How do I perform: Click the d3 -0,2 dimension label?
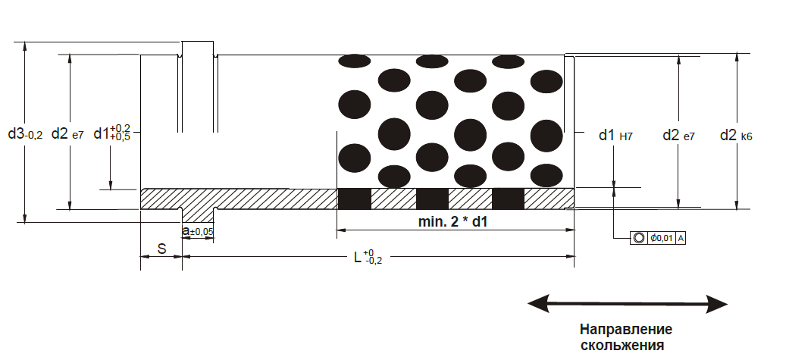(25, 134)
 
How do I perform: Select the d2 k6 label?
(736, 135)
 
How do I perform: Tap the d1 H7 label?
(615, 135)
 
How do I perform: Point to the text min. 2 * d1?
(452, 221)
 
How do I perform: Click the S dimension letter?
(162, 249)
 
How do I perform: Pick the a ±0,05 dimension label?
(198, 231)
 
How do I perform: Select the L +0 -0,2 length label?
(368, 256)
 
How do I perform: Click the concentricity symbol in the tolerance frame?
(638, 238)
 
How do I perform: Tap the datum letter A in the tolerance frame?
(681, 238)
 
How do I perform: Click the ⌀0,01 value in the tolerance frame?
(662, 238)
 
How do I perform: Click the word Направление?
(626, 330)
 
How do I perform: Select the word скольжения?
(622, 346)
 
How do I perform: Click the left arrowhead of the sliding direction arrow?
(538, 304)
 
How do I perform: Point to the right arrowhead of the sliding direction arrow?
(717, 304)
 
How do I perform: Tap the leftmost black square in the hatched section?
(354, 199)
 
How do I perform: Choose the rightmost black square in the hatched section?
(509, 199)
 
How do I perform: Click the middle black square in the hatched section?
(432, 199)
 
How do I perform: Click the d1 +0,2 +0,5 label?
(112, 134)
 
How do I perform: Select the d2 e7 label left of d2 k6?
(678, 135)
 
